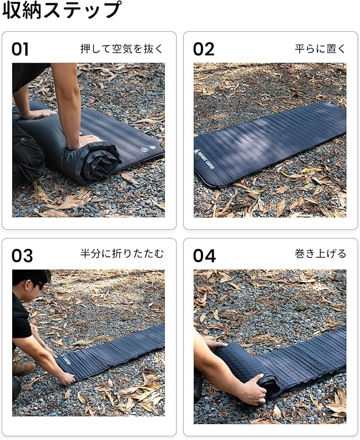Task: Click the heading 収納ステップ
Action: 62,11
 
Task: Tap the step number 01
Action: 20,49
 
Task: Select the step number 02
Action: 204,49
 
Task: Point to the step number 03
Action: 22,256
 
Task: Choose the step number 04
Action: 204,256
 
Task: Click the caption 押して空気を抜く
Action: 122,49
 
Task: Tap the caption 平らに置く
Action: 320,49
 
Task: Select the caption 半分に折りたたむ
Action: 122,254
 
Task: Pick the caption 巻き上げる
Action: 320,254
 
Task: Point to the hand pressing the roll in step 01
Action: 86,141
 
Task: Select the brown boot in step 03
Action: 23,368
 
